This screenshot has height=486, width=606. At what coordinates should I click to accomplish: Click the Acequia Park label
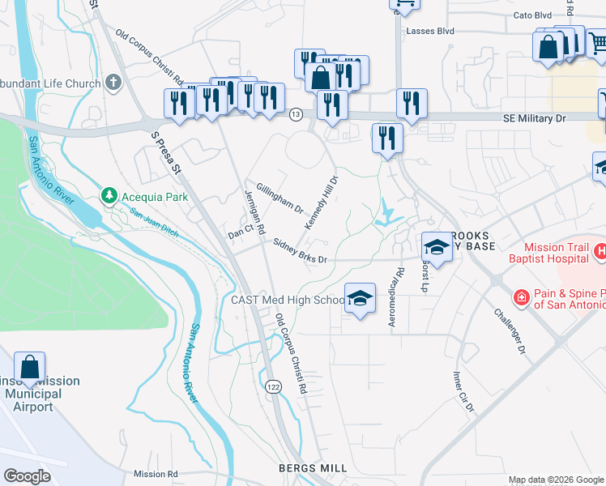(x=154, y=197)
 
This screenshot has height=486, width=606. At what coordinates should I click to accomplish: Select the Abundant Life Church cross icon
(x=113, y=82)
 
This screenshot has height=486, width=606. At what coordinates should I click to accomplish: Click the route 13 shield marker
(x=297, y=116)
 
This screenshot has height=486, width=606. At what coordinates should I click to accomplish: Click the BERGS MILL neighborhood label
(x=312, y=468)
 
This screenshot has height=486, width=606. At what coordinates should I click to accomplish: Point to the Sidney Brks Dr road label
(x=300, y=252)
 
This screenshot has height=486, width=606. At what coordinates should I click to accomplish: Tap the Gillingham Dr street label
(x=280, y=197)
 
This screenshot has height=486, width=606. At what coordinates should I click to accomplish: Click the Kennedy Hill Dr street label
(x=321, y=203)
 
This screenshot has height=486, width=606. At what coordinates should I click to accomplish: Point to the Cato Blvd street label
(x=532, y=15)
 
